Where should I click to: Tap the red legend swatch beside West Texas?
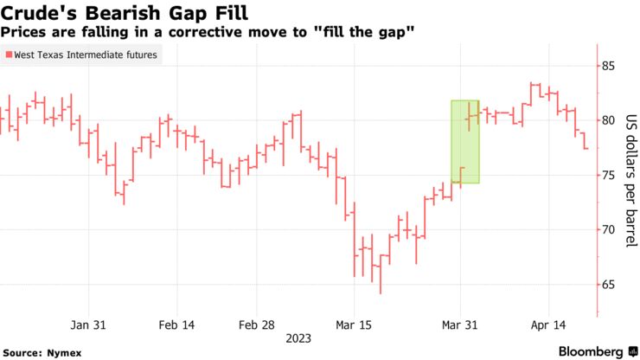(8, 55)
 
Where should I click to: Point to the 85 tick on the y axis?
(609, 66)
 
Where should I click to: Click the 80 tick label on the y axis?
(609, 120)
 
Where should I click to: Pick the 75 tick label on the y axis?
(609, 175)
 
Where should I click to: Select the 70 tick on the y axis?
(609, 229)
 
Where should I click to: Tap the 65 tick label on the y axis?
(609, 284)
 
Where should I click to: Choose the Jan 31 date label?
(88, 325)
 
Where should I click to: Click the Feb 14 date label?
(177, 325)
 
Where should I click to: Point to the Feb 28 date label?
(257, 325)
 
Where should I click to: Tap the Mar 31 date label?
(459, 325)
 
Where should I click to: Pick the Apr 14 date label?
(547, 325)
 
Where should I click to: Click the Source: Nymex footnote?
(38, 352)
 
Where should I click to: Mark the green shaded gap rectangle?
(464, 142)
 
